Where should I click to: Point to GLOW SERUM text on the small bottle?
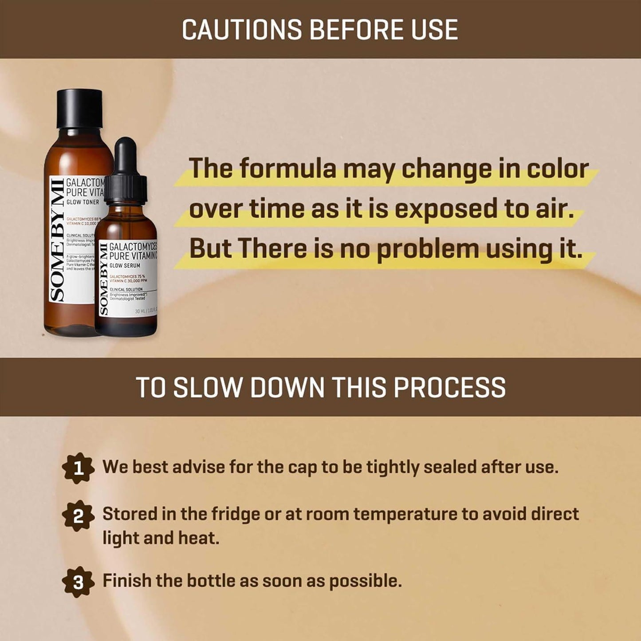[125, 265]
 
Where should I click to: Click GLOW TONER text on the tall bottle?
[83, 202]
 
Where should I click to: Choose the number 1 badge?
[78, 468]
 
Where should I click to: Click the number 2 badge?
[78, 516]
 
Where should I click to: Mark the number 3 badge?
[78, 582]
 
